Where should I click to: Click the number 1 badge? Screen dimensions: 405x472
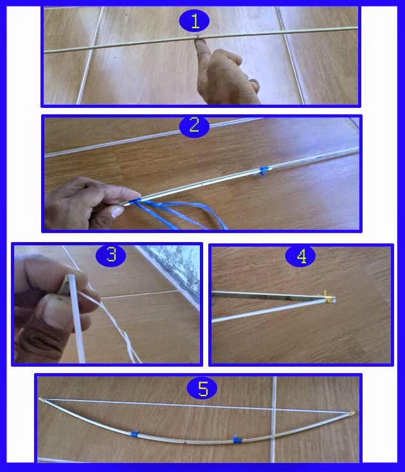[x=194, y=21]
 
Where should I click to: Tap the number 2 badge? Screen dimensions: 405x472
[x=194, y=126]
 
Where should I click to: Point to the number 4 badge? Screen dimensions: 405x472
[x=301, y=256]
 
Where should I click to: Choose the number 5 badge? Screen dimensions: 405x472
[x=203, y=388]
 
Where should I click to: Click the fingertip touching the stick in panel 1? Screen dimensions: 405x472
[x=199, y=43]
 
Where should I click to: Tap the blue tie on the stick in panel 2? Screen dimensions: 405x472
[x=264, y=171]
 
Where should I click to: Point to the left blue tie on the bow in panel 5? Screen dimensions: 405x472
[x=134, y=433]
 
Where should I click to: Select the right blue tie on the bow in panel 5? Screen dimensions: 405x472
[x=237, y=439]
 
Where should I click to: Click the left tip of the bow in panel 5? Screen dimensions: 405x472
[x=40, y=399]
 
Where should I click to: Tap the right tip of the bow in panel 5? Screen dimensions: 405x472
[x=353, y=413]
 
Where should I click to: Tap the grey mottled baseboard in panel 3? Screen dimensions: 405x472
[x=174, y=268]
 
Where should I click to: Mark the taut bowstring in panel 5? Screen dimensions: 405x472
[x=197, y=406]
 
